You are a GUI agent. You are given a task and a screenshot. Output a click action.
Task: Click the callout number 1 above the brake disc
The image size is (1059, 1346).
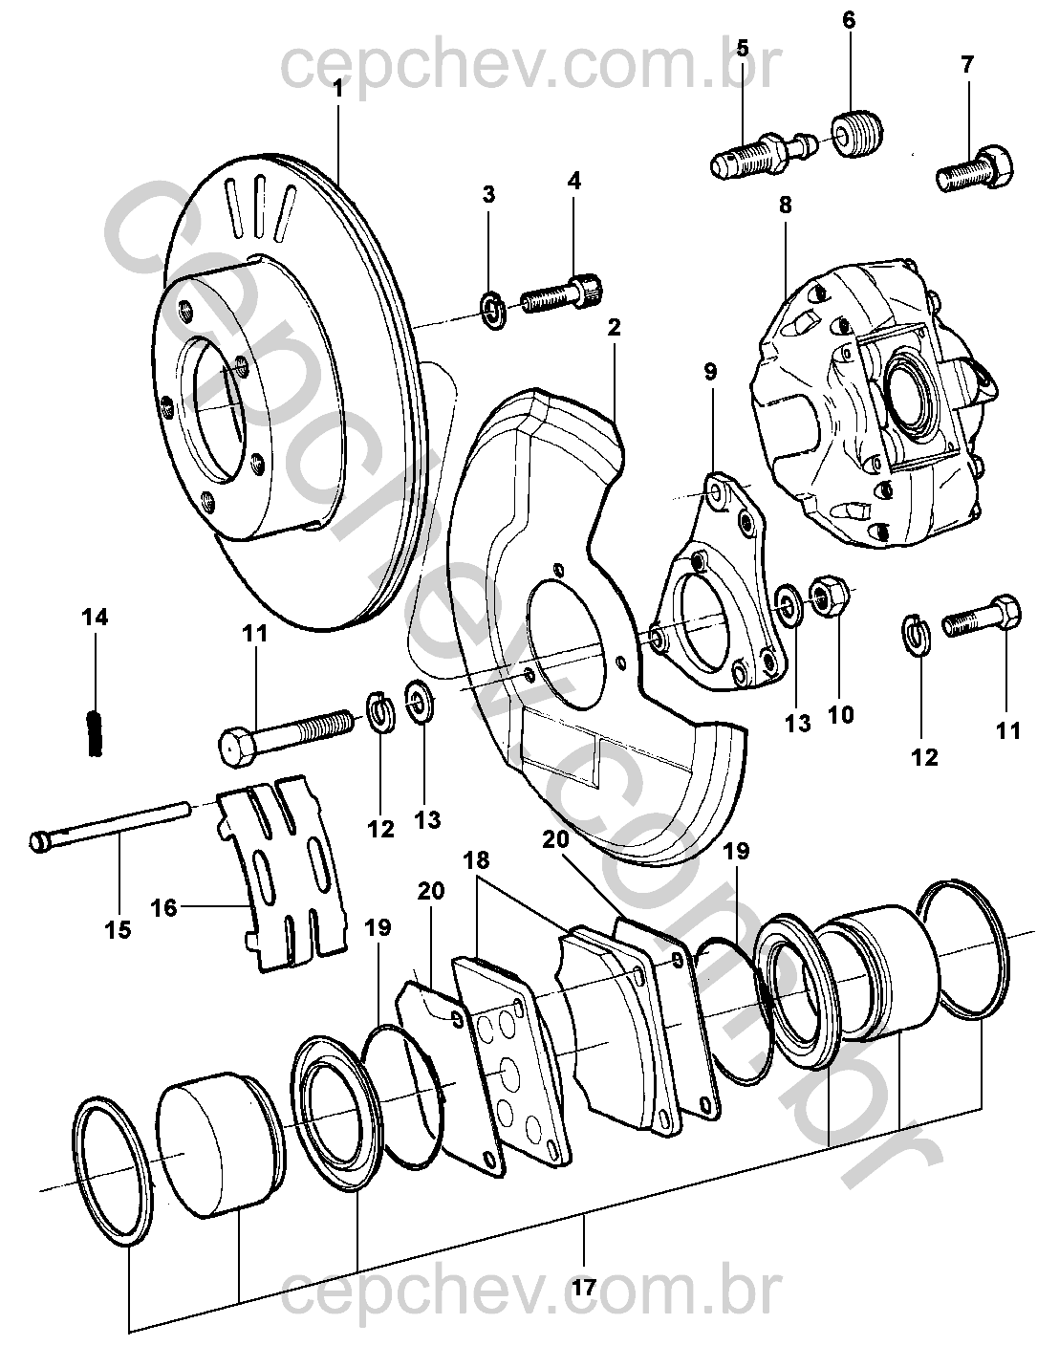tap(338, 88)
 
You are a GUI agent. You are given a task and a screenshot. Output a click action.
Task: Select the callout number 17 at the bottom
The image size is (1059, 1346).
tap(584, 1288)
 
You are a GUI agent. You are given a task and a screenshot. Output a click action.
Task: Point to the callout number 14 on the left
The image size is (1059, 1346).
tap(95, 619)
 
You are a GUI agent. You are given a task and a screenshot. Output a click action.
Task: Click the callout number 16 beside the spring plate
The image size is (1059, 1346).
tap(163, 906)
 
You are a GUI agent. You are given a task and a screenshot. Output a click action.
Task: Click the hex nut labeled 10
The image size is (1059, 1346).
tap(826, 597)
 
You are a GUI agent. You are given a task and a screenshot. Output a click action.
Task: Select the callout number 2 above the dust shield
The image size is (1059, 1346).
tap(614, 328)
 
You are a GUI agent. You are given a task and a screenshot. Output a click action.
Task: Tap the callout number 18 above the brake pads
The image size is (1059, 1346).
tap(477, 861)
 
